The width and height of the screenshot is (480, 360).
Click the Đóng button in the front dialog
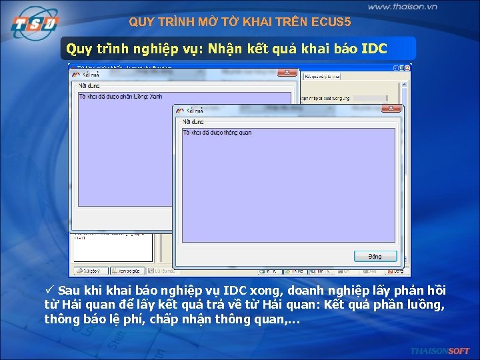375,257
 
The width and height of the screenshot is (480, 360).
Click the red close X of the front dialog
391,109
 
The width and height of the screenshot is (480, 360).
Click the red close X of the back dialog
286,72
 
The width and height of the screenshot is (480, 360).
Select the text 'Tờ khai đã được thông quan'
217,133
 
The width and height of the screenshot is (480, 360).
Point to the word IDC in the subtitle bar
374,49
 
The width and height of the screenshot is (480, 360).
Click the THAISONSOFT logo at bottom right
440,351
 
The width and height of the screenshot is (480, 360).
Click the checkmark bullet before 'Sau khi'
49,291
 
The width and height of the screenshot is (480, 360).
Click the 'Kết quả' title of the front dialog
195,110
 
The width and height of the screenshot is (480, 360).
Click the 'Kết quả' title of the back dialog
91,72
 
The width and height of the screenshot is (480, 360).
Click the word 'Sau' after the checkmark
69,291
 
